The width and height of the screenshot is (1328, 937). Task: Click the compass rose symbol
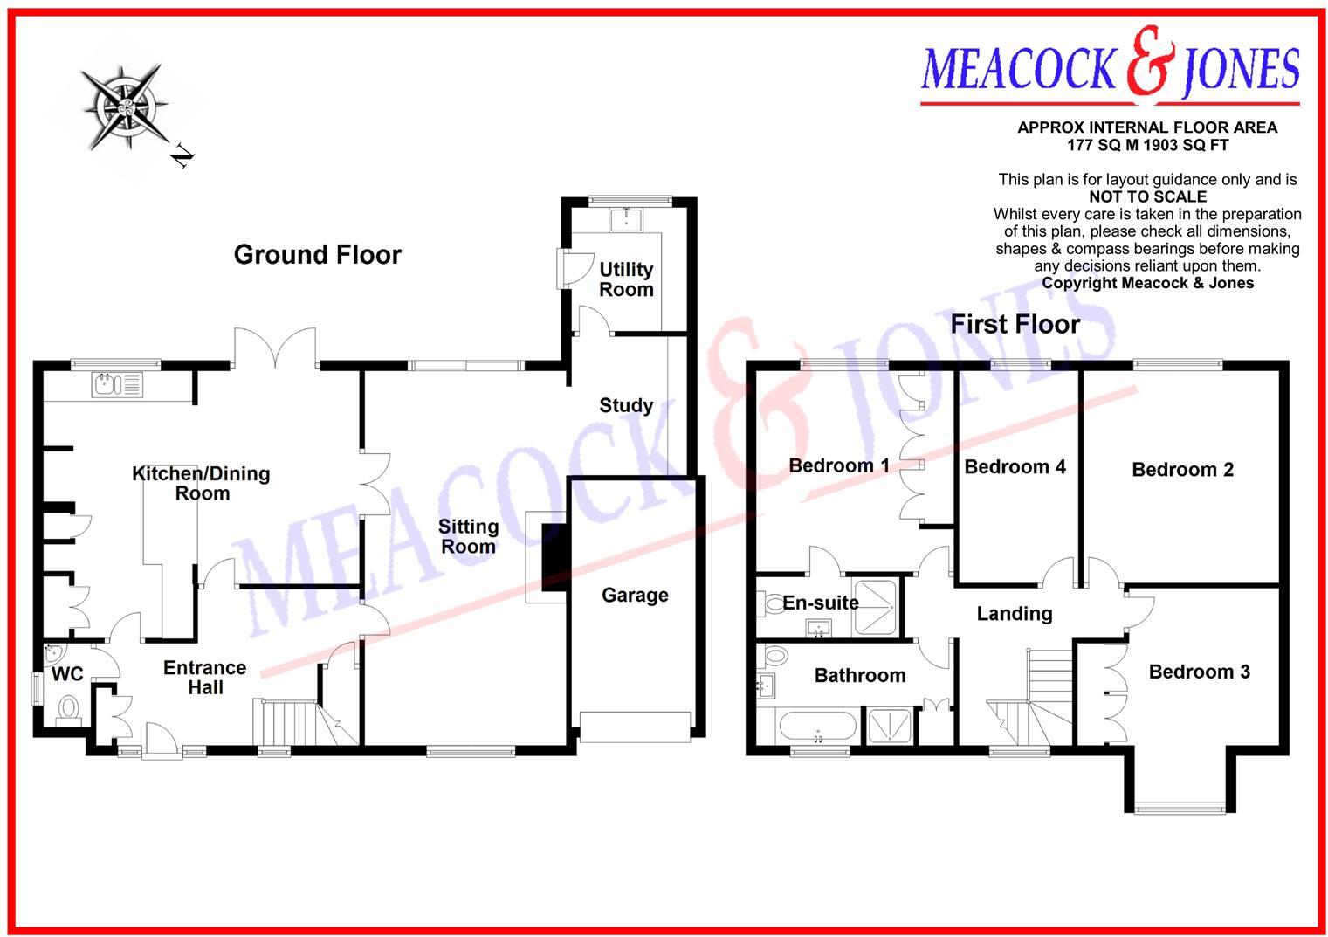pyautogui.click(x=125, y=107)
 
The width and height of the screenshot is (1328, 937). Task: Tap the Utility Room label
pyautogui.click(x=626, y=279)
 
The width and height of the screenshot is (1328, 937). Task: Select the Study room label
pyautogui.click(x=626, y=405)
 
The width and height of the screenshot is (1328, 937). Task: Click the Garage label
pyautogui.click(x=635, y=596)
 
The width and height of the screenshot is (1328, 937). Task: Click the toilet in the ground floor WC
pyautogui.click(x=67, y=708)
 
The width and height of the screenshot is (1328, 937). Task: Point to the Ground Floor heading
pyautogui.click(x=318, y=255)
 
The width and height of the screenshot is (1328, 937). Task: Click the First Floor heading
pyautogui.click(x=1015, y=325)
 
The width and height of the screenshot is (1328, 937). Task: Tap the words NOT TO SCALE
pyautogui.click(x=1147, y=197)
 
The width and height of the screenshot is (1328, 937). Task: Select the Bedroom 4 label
pyautogui.click(x=1015, y=467)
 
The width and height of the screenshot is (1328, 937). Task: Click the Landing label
pyautogui.click(x=1014, y=614)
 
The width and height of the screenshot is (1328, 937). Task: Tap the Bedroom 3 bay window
pyautogui.click(x=1180, y=808)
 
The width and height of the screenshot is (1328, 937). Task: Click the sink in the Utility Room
pyautogui.click(x=626, y=218)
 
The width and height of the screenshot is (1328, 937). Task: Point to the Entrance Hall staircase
pyautogui.click(x=288, y=720)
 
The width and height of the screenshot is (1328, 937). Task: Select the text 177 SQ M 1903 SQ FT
pyautogui.click(x=1147, y=145)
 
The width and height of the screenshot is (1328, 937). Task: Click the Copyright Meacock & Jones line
pyautogui.click(x=1147, y=283)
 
